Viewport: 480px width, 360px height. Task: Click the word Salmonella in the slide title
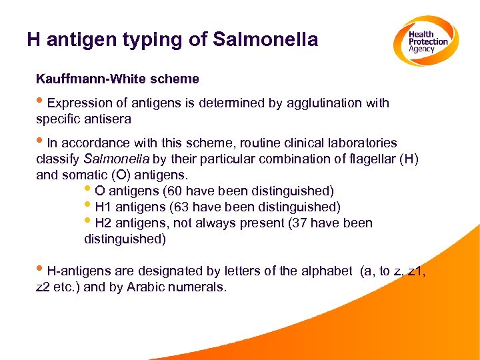[265, 40]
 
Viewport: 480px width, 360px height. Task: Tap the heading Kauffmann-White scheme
[117, 79]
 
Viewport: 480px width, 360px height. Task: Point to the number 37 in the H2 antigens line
[300, 223]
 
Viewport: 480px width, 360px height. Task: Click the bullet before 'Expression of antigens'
[41, 103]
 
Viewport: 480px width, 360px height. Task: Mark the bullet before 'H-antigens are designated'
[41, 271]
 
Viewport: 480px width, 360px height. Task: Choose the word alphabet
[327, 271]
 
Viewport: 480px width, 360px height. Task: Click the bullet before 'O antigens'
[89, 191]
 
